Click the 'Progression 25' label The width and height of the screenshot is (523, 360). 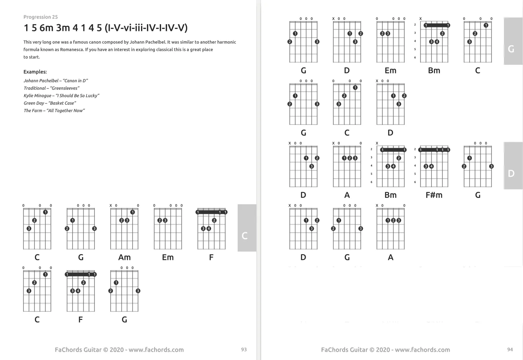point(41,17)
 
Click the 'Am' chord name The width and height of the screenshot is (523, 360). point(124,257)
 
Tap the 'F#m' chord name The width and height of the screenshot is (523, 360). point(434,195)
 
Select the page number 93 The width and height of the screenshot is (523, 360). point(244,350)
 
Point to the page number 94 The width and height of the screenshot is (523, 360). point(510,350)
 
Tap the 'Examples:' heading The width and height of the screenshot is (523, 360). point(35,72)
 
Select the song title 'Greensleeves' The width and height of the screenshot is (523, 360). point(65,88)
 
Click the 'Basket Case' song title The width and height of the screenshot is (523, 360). point(62,103)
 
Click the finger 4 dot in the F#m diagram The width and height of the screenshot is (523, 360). point(432,166)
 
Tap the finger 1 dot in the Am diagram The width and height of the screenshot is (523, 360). point(132,212)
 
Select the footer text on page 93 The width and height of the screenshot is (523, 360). point(119,350)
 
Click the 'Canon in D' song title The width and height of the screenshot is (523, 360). point(75,81)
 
